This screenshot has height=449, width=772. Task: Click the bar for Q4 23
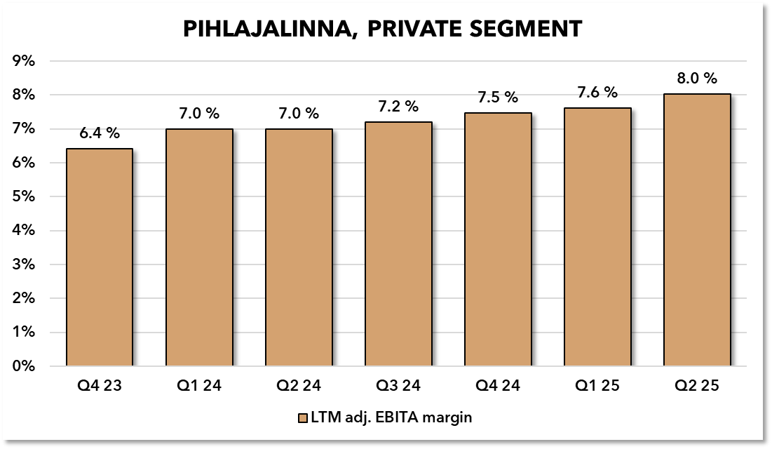point(100,257)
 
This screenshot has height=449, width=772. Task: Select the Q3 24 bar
point(398,244)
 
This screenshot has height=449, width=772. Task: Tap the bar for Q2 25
point(697,230)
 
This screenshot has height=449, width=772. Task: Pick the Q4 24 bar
point(498,239)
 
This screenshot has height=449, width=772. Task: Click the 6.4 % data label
point(100,133)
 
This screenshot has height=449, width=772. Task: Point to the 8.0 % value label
point(697,79)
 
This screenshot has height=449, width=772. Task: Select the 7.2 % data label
point(398,107)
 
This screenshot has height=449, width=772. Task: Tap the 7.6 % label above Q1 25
point(597,93)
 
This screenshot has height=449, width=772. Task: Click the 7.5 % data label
point(498,97)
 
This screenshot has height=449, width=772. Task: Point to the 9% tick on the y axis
point(25,61)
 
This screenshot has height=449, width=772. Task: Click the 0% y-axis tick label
point(25,366)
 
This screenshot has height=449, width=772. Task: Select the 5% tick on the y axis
point(25,196)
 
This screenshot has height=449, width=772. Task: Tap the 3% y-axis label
point(25,264)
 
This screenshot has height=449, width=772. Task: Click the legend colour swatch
point(303,418)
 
